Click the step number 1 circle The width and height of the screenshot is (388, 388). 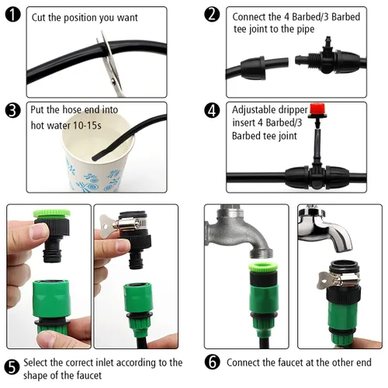12,15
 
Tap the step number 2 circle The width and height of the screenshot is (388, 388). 212,15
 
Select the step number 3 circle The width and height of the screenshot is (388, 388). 12,110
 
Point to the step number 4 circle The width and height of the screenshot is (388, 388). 212,110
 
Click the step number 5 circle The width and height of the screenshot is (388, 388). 12,367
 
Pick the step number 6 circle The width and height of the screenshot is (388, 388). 213,362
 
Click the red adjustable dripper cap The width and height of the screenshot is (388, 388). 317,109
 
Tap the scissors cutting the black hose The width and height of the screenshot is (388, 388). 111,64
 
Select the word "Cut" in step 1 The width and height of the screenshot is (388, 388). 39,18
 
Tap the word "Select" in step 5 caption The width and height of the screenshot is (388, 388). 36,362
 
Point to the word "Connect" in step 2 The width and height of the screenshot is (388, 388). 249,17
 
